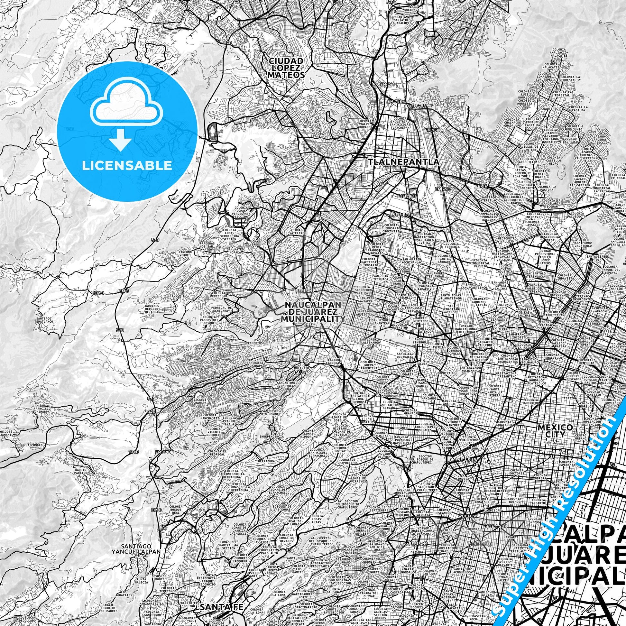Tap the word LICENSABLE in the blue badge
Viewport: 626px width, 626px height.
(127, 166)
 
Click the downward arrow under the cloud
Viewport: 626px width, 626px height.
(120, 139)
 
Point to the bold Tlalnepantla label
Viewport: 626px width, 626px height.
(403, 161)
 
